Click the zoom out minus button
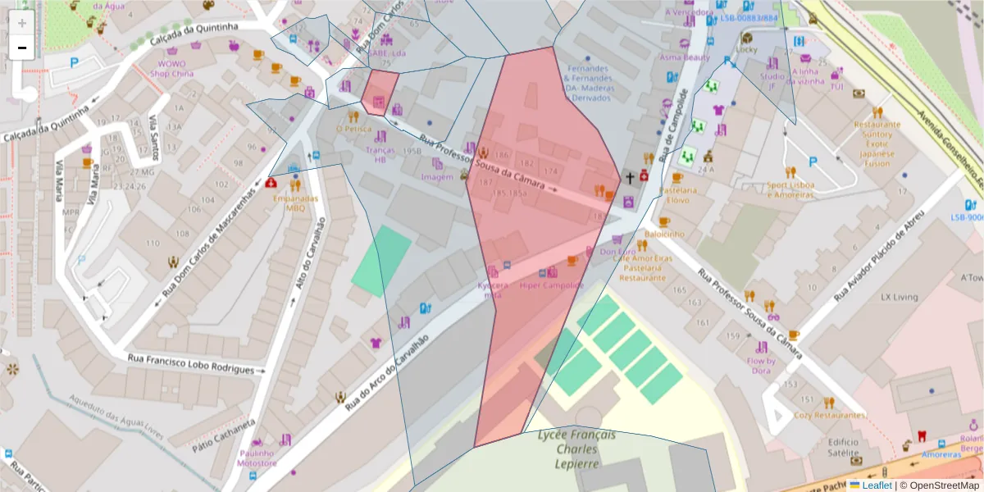[x=22, y=48]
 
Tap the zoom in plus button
[x=22, y=23]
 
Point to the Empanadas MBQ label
[x=295, y=203]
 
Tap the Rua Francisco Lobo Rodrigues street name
[x=191, y=364]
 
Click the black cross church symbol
[x=630, y=177]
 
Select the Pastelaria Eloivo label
[x=667, y=195]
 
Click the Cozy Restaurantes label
[x=830, y=415]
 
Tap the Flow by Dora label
[x=761, y=366]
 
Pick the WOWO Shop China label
[x=172, y=68]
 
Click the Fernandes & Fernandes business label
[x=586, y=83]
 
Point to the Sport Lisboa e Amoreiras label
[x=791, y=189]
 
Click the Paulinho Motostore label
[x=257, y=458]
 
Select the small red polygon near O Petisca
[x=380, y=91]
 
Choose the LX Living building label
[x=899, y=297]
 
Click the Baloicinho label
[x=664, y=234]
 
